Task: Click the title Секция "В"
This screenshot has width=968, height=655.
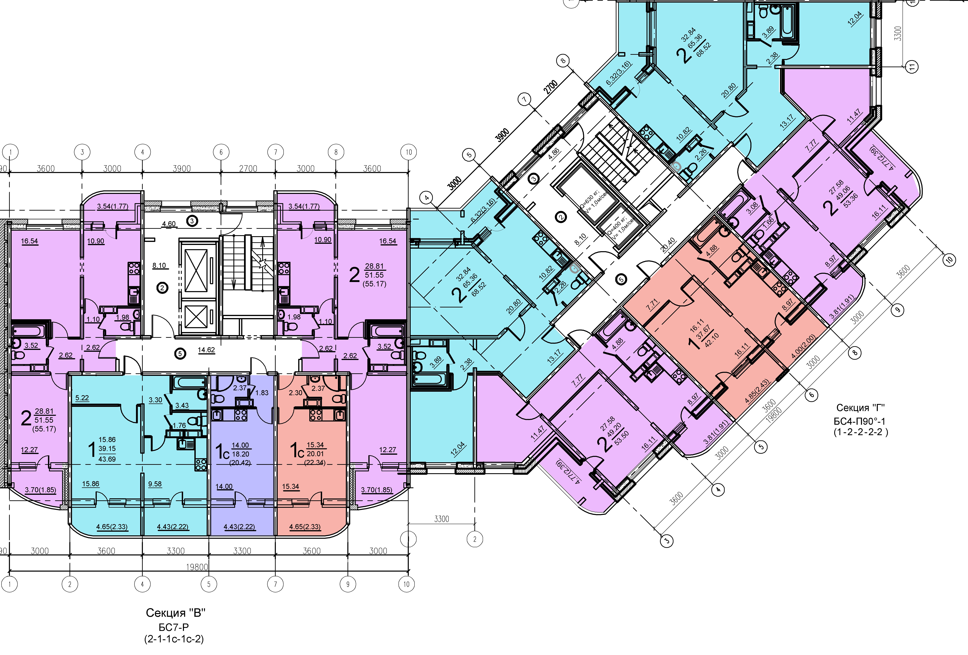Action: click(x=175, y=613)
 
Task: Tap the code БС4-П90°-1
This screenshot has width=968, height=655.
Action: click(x=859, y=421)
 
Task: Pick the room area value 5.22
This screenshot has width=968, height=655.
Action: click(x=82, y=398)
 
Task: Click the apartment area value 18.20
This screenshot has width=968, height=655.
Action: click(x=240, y=454)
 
